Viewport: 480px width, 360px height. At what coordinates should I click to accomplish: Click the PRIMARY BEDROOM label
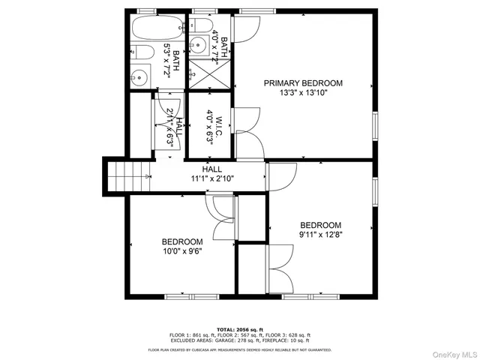pos(303,82)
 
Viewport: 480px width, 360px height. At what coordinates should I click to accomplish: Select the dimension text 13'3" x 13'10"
pos(303,93)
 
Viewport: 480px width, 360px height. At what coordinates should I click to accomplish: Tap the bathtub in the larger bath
pos(154,29)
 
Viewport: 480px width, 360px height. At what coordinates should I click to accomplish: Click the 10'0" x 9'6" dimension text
pos(182,252)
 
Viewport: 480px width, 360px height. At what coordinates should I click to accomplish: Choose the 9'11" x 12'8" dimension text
pos(320,235)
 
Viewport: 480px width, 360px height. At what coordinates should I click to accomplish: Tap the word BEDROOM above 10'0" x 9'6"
pos(182,241)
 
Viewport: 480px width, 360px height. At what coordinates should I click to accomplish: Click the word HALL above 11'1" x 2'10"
pos(212,169)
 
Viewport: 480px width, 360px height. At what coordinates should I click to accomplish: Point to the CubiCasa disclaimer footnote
pos(239,349)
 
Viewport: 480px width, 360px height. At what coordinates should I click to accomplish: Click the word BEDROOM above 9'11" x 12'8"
pos(320,225)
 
